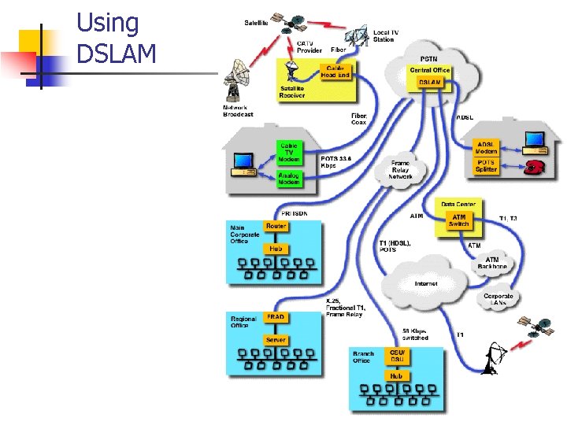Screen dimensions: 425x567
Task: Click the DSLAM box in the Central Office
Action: (429, 81)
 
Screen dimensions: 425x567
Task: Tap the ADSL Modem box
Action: (486, 147)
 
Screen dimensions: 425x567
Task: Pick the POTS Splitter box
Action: (486, 165)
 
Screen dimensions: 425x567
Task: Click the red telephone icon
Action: (537, 166)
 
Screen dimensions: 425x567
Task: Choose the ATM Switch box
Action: (459, 220)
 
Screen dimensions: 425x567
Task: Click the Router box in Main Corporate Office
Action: (276, 226)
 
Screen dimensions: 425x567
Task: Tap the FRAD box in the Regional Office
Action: (275, 316)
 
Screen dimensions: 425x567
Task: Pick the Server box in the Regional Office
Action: (275, 339)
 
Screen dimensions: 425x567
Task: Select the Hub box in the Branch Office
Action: (396, 375)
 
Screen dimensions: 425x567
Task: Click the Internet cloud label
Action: (426, 283)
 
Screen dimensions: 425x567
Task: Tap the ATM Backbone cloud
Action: (492, 262)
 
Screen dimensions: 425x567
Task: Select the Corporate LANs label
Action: (498, 299)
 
